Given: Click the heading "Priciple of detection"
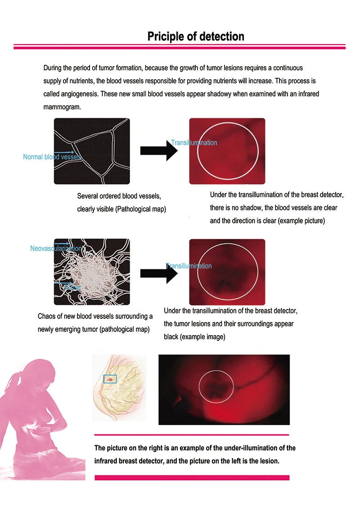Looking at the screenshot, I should click(x=196, y=36).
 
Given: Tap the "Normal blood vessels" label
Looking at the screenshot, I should click(x=52, y=157).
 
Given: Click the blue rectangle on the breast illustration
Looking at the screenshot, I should click(x=110, y=379).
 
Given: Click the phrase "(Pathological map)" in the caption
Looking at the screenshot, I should click(x=140, y=209).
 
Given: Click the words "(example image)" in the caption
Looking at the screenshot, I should click(x=202, y=336).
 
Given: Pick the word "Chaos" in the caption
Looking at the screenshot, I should click(x=47, y=316).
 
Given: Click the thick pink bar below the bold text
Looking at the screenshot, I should click(x=192, y=477).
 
